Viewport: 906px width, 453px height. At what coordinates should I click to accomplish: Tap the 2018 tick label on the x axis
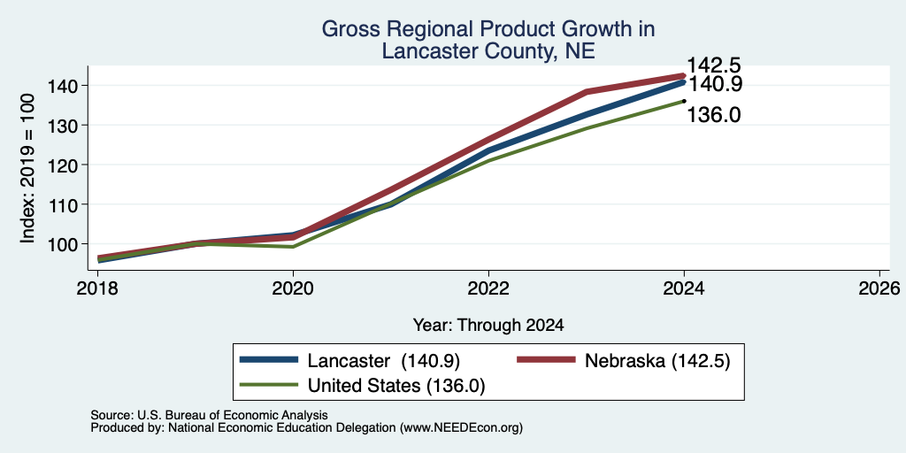coord(97,288)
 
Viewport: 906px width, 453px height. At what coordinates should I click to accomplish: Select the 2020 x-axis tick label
coord(293,288)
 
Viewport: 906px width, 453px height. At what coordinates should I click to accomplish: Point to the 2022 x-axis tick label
coord(488,288)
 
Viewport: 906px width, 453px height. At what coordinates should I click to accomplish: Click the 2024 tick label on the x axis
coord(684,288)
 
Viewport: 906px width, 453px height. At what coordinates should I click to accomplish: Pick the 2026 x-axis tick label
coord(880,288)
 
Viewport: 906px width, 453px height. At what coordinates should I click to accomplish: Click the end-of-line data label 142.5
coord(714,65)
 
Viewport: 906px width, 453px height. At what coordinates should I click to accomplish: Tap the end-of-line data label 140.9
coord(715,84)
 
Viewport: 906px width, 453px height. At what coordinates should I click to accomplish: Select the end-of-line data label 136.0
coord(714,115)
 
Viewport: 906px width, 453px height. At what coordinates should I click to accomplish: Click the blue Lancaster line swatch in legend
coord(269,360)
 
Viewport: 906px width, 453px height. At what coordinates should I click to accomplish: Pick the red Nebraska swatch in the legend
coord(546,360)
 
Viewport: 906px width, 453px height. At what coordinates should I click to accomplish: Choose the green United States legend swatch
coord(269,384)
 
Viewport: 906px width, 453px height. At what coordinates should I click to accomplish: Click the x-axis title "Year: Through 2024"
coord(488,326)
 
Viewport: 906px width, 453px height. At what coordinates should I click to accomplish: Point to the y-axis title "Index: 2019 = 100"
coord(27,168)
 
